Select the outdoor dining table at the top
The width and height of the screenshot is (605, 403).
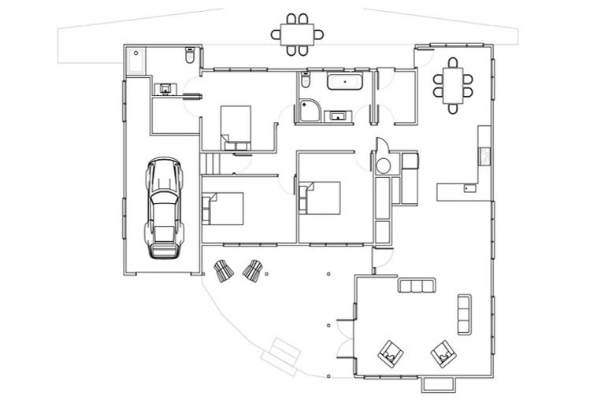pos(297,33)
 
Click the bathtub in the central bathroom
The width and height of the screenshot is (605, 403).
pos(343,82)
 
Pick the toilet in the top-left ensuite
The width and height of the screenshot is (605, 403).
pos(190,57)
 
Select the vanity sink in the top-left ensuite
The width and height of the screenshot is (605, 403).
pos(165,89)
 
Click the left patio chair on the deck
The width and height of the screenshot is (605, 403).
pos(224,272)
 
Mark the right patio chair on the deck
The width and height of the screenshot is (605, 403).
pos(252,272)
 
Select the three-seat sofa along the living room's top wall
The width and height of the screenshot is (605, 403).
pos(417,286)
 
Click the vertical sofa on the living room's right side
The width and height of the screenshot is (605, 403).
pos(464,314)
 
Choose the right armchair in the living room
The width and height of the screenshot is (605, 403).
pos(444,354)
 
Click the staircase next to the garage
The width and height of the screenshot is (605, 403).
pos(210,164)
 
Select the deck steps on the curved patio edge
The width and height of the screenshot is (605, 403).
pos(280,352)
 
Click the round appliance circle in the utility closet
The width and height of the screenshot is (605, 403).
pos(384,165)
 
